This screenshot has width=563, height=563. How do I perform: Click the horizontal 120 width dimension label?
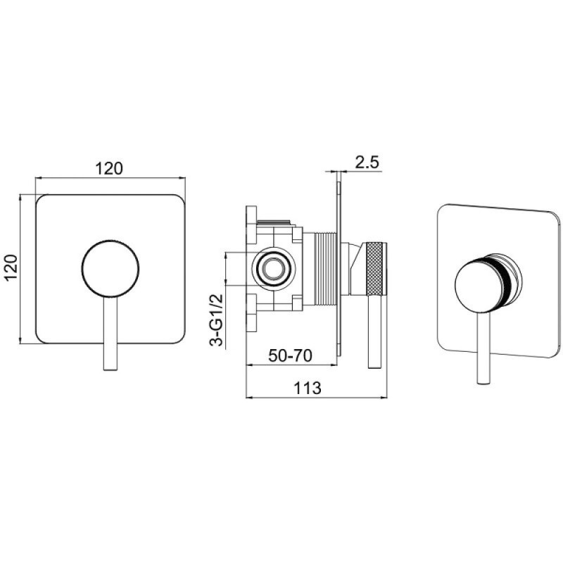pyautogui.click(x=109, y=168)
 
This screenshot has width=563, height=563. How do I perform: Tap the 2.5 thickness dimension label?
pyautogui.click(x=367, y=163)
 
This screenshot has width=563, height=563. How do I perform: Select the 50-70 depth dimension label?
pyautogui.click(x=290, y=355)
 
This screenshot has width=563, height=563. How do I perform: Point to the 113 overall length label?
pyautogui.click(x=308, y=388)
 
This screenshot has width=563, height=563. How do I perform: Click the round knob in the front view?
pyautogui.click(x=110, y=269)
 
